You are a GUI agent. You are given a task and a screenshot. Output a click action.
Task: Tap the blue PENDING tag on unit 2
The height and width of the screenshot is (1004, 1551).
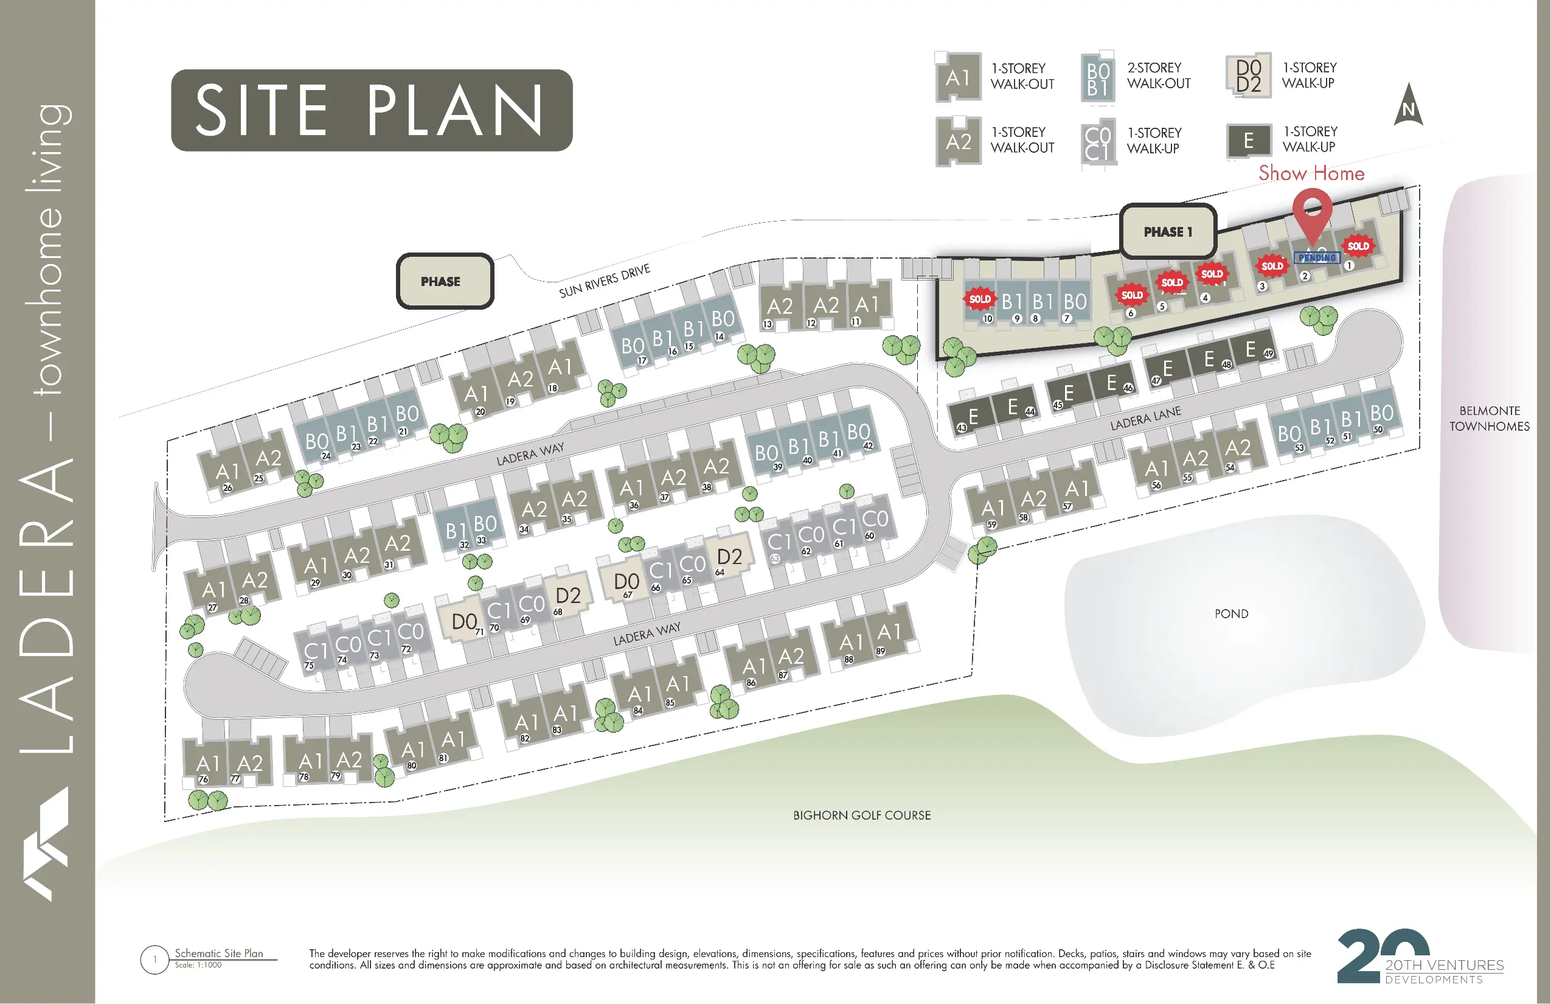coord(1317,257)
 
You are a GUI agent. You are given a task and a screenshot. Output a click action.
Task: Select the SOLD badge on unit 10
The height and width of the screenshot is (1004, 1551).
coord(979,299)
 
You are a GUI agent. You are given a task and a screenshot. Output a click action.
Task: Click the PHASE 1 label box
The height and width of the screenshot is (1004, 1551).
coord(1168,231)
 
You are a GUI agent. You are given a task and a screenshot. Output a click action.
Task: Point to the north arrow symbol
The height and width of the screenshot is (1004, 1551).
coord(1408,106)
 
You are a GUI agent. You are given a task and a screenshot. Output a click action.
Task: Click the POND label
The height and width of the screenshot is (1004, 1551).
coord(1231,613)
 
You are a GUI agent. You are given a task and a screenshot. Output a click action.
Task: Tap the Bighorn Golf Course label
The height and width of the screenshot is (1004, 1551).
coord(861,815)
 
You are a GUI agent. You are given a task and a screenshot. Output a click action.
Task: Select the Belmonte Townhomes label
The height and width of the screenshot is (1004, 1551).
coord(1489,419)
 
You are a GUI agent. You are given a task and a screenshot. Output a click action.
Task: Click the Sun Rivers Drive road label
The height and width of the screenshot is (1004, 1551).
coord(604,281)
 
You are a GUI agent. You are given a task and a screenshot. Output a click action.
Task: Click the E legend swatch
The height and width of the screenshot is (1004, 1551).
coord(1248,140)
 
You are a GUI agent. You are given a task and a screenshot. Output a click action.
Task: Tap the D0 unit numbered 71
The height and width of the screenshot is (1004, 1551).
coord(464,621)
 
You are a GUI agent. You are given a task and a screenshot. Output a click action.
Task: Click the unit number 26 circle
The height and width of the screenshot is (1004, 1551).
coord(227,487)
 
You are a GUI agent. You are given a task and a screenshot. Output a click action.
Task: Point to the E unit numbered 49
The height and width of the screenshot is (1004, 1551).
coord(1251,349)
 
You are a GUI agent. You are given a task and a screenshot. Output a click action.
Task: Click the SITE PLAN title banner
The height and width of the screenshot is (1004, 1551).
coord(372,110)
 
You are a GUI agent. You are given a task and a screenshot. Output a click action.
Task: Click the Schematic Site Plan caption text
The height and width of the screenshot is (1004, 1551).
coord(219,953)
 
